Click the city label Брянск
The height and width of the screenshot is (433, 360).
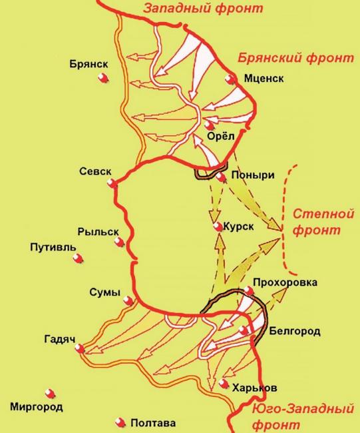pos(87,65)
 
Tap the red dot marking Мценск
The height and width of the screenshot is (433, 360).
pos(232,79)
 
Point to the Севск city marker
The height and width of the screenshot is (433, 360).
pos(114,183)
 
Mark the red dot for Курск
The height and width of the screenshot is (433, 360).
pos(217,227)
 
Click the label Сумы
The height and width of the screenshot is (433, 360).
pos(105,293)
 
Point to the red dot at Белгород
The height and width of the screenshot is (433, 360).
pos(246,330)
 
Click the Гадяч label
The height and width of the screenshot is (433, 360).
pos(59,337)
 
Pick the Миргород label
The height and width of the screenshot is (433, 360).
pos(37,406)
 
